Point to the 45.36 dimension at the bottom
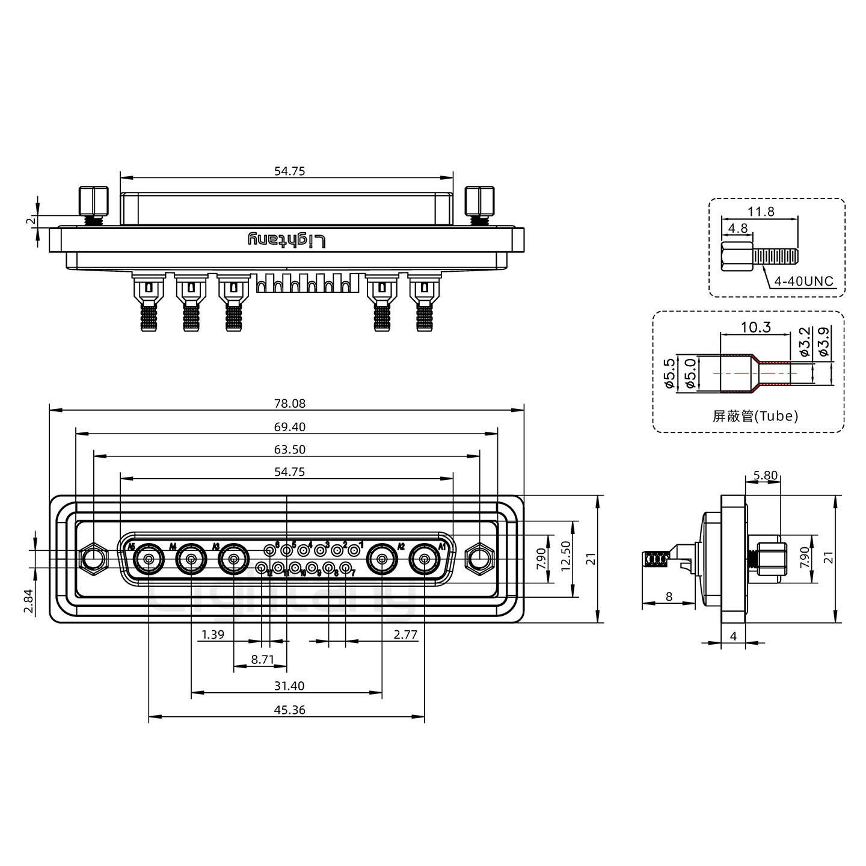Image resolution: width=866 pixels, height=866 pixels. coord(289,710)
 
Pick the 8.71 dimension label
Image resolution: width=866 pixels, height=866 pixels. coord(262,660)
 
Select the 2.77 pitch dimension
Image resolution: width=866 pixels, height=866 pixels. coord(405,634)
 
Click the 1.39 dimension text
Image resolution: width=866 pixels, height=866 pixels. coord(213,634)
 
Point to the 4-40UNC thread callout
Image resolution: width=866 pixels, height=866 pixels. coord(803,281)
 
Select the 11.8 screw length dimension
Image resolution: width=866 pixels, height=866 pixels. coord(761,212)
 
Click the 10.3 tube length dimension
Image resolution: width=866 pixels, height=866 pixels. coord(755,328)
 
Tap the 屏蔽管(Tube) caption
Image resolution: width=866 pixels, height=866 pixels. coord(755,416)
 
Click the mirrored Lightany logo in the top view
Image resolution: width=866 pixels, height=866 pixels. coord(287,241)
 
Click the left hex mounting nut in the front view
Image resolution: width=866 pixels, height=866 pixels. coord(93,557)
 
